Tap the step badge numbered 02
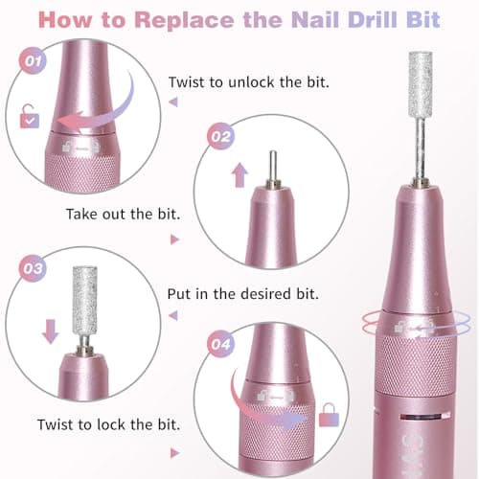[221, 137]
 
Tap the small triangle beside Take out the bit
[174, 239]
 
